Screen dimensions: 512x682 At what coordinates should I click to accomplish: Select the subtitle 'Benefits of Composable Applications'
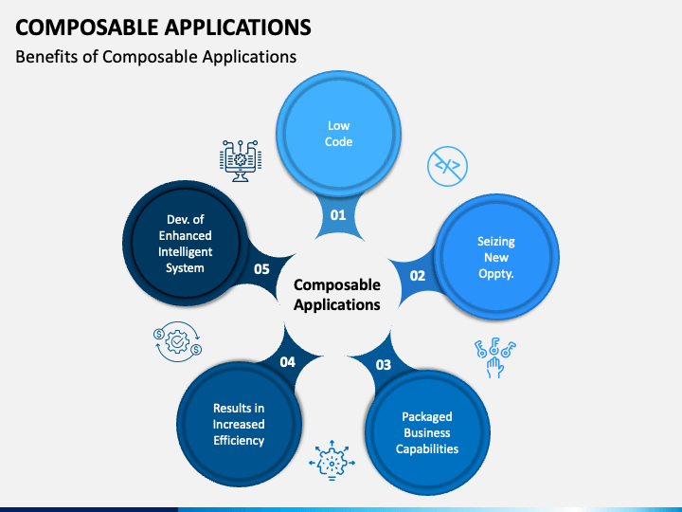(x=156, y=57)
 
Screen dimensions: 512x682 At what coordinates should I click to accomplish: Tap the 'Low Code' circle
(x=338, y=135)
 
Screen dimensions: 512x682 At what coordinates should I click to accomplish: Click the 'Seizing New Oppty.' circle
(x=495, y=257)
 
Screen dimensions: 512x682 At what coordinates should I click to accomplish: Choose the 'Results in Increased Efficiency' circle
(x=239, y=424)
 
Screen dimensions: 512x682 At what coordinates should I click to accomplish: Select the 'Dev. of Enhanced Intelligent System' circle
(x=186, y=244)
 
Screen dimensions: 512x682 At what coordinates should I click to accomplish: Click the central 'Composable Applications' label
(x=337, y=295)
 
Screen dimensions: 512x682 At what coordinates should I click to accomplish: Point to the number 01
(x=338, y=215)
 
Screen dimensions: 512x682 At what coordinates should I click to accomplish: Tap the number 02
(x=417, y=275)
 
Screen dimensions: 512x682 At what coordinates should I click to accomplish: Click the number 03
(x=383, y=364)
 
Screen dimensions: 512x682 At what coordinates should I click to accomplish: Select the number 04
(x=288, y=361)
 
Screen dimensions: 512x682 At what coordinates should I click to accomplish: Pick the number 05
(x=262, y=268)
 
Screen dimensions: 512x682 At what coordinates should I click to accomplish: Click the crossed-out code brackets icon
(x=446, y=166)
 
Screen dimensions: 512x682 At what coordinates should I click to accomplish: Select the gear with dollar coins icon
(x=176, y=341)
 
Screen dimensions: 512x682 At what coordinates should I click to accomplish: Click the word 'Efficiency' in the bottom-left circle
(x=239, y=440)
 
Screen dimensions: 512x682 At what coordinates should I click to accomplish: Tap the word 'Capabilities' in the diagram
(x=426, y=448)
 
